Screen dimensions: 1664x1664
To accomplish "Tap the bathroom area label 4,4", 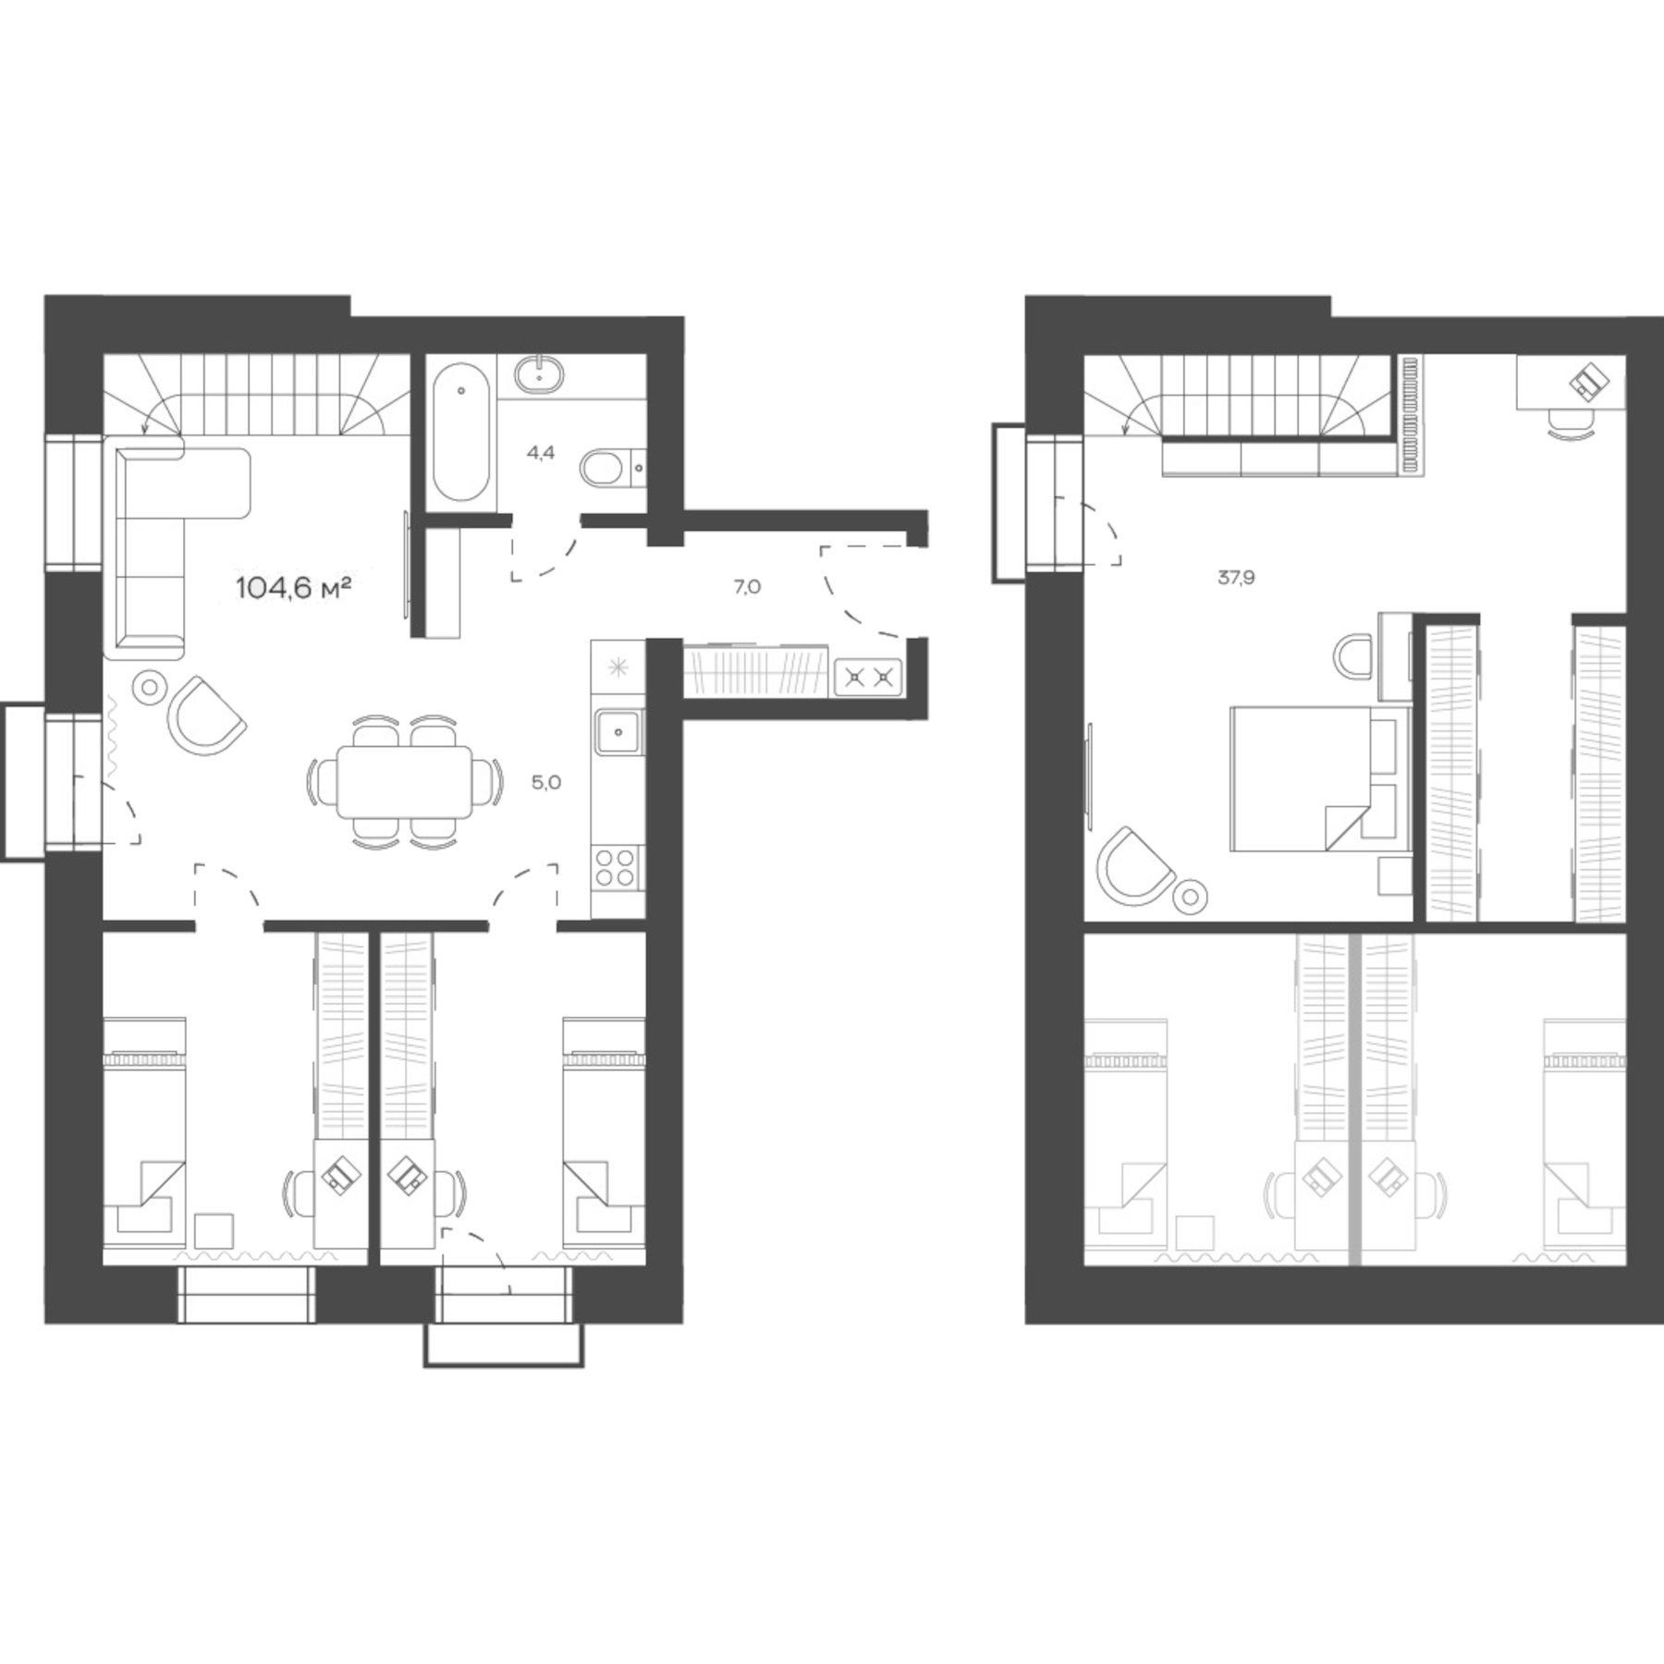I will [541, 453].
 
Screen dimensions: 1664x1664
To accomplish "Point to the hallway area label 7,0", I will [747, 586].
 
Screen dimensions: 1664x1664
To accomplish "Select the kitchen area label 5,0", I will [545, 783].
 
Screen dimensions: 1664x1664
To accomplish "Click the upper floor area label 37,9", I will [1236, 579].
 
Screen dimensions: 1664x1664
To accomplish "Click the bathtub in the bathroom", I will [461, 432].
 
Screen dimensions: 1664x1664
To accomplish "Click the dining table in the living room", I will [404, 782].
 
